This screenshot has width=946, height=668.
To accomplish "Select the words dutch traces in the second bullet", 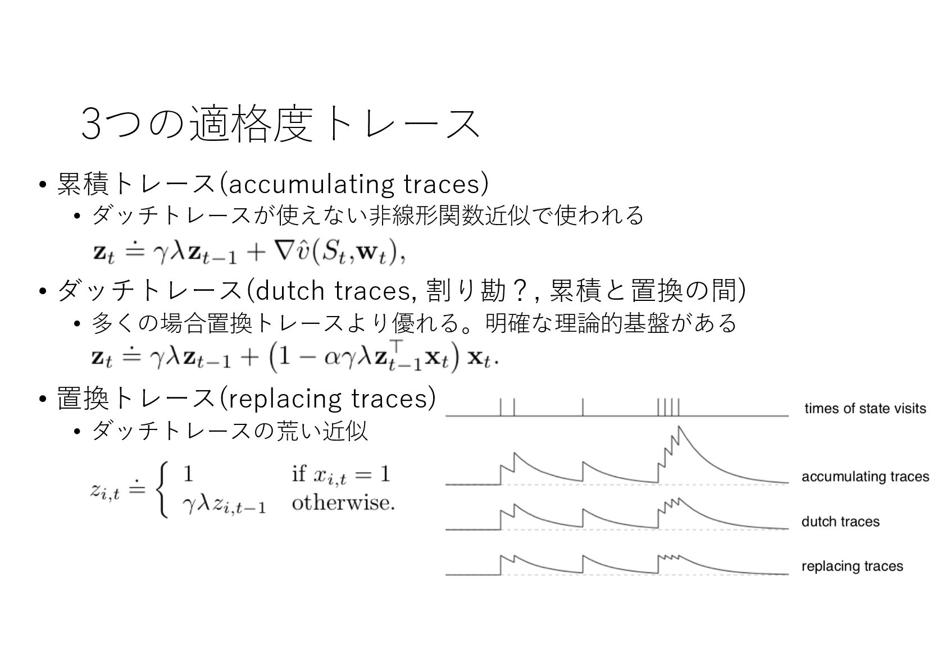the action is tap(332, 291).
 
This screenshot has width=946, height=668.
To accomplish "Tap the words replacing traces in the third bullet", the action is tap(326, 399).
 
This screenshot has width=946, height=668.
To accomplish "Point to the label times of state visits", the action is tap(865, 409).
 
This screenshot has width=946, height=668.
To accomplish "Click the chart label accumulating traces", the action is tap(865, 477).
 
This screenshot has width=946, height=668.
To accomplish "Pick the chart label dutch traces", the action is tap(840, 521).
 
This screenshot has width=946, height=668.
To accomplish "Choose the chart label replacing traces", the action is tap(852, 566).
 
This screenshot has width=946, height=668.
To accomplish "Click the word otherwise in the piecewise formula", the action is tap(343, 502).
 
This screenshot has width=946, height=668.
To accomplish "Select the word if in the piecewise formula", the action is tap(298, 474).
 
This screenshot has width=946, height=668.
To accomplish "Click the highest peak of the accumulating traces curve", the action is tap(679, 428).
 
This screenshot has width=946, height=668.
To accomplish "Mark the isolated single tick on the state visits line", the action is tap(583, 407).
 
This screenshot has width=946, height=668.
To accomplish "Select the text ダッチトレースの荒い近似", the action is tap(230, 431).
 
